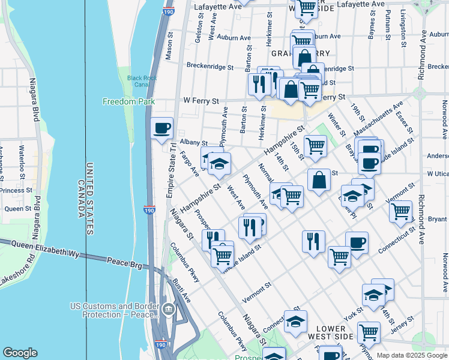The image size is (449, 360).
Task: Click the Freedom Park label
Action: click(128, 101)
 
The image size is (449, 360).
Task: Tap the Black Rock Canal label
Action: click(141, 81)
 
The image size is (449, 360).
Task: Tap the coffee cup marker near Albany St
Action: click(161, 128)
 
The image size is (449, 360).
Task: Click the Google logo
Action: click(20, 353)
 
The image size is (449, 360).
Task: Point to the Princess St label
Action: click(16, 190)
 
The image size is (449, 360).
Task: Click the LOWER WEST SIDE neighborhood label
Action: click(331, 333)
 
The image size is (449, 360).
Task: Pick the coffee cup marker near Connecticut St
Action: click(357, 242)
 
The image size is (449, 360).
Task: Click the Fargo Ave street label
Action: click(189, 163)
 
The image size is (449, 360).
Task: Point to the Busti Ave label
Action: click(180, 289)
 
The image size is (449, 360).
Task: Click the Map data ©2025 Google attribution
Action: click(412, 355)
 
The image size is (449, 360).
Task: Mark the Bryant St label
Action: click(438, 220)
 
